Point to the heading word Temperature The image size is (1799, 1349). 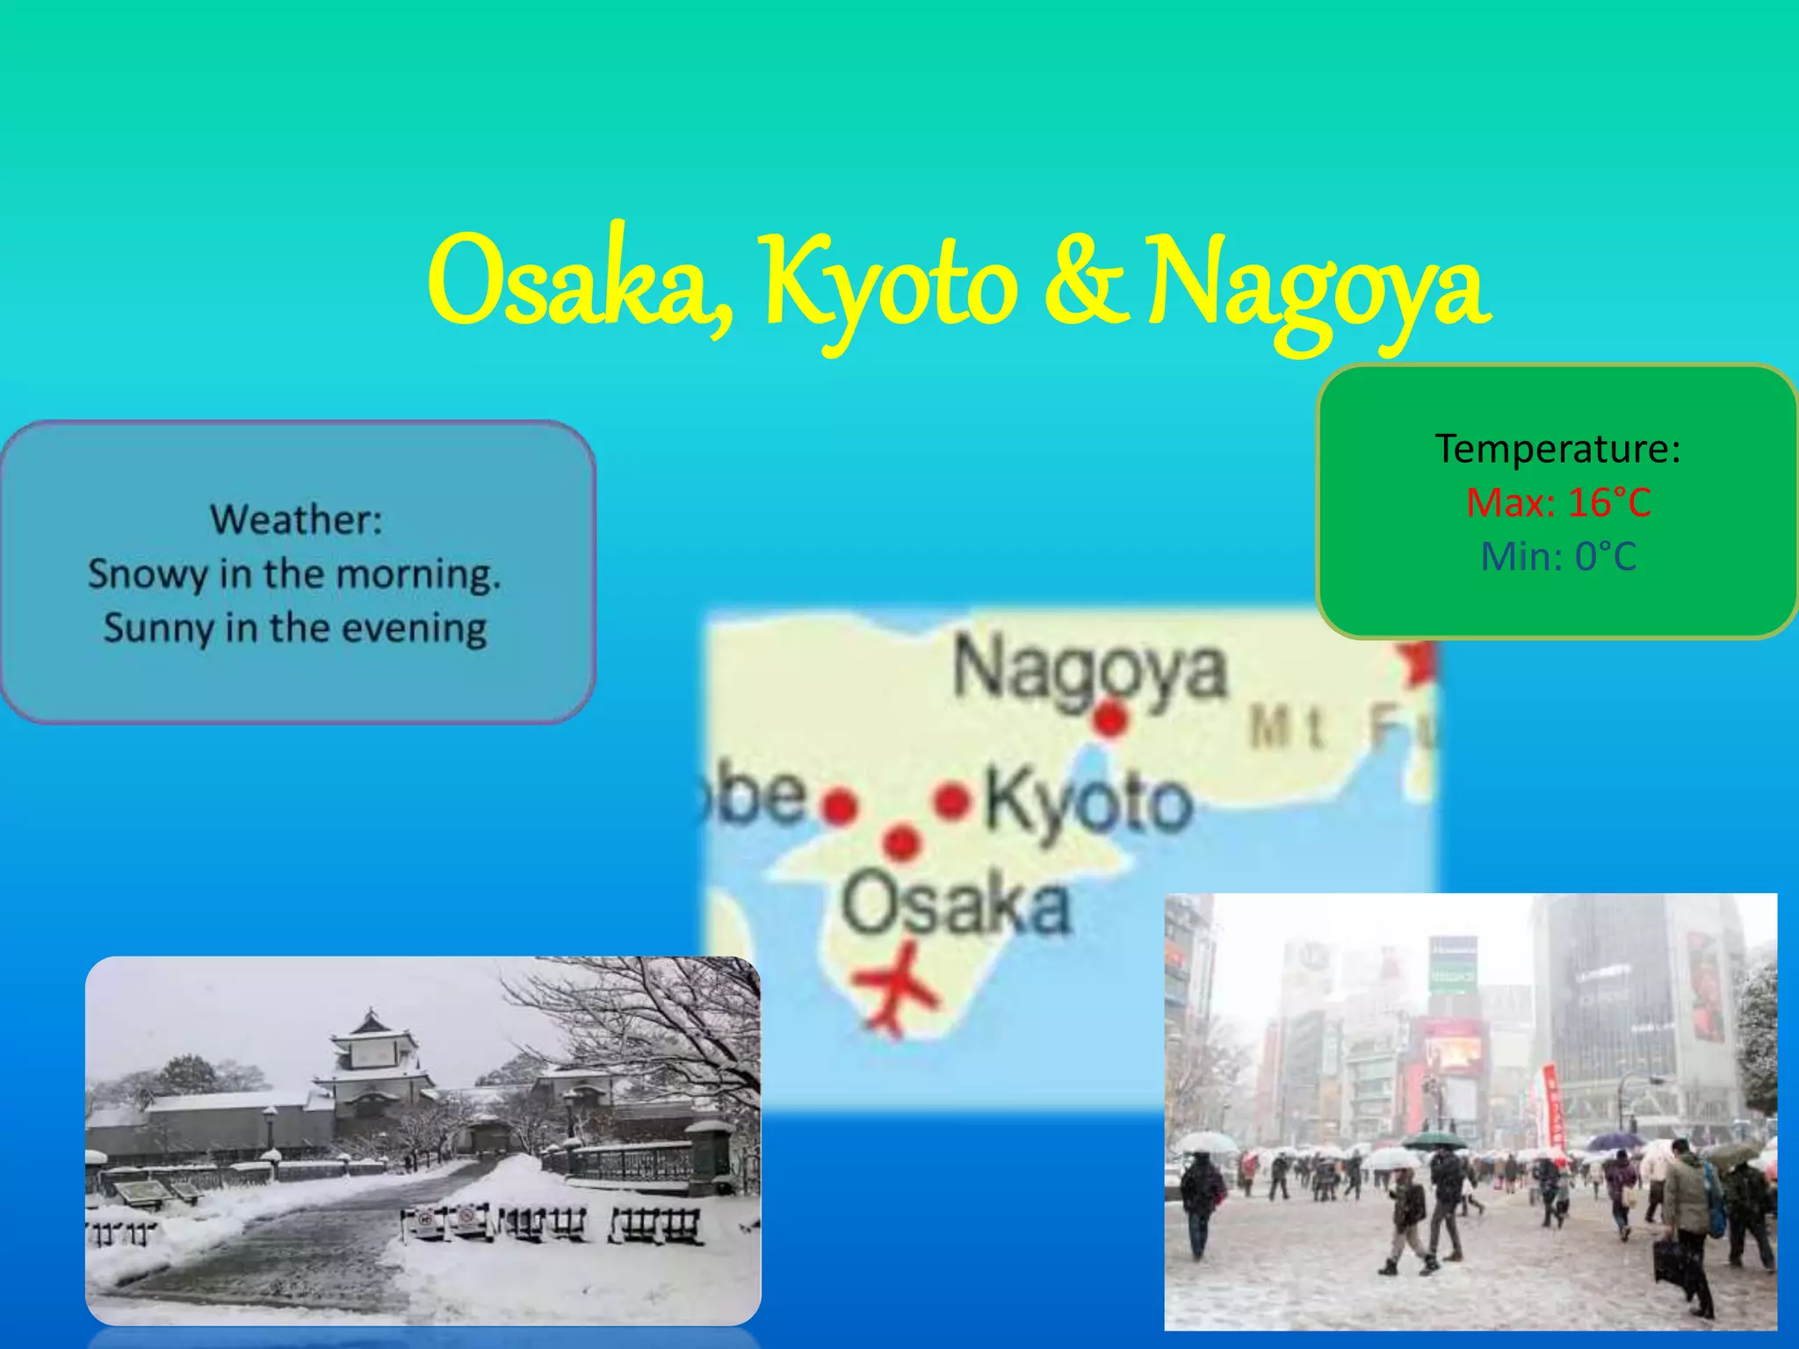tap(1557, 449)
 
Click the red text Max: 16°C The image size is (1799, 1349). tap(1557, 502)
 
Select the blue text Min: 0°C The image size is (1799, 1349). tap(1557, 556)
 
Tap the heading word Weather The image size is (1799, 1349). tap(296, 519)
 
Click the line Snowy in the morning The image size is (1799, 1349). tap(294, 574)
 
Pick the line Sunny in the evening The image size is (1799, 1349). tap(294, 628)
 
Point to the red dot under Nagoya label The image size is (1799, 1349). tap(1110, 719)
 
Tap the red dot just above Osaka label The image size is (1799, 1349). tap(901, 841)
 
